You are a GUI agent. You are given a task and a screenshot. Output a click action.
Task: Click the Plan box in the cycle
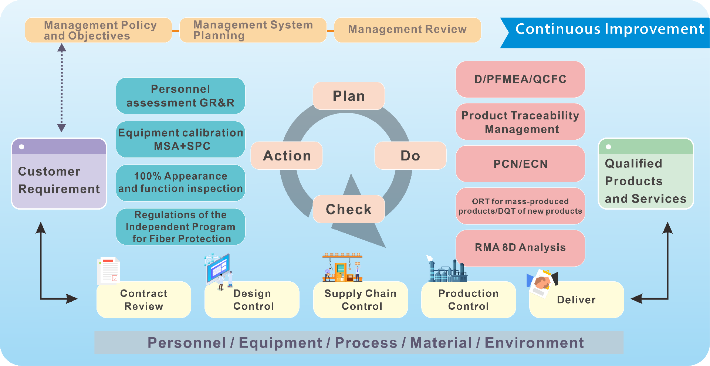click(349, 96)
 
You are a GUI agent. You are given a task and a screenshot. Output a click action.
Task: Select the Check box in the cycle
click(349, 209)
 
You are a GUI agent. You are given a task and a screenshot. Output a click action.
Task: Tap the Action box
click(287, 156)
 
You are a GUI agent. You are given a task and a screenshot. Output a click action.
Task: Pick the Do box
click(410, 156)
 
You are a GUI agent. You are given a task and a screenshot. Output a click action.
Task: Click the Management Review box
click(408, 30)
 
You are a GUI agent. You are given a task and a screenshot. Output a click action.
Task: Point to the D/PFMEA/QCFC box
click(520, 79)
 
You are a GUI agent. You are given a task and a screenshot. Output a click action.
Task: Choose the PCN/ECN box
click(520, 164)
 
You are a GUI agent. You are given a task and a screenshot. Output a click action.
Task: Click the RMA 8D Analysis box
click(520, 248)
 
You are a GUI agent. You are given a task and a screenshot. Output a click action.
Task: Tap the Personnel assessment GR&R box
click(180, 96)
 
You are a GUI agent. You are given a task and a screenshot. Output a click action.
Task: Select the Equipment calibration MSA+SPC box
click(180, 139)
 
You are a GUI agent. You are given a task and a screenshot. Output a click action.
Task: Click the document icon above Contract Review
click(109, 271)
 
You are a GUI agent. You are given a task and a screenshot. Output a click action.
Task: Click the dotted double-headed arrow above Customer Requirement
click(62, 88)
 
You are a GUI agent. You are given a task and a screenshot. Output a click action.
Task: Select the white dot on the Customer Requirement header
click(22, 147)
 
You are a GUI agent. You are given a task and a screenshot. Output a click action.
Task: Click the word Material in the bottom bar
click(441, 343)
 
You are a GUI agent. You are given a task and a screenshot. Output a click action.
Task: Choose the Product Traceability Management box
click(520, 122)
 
